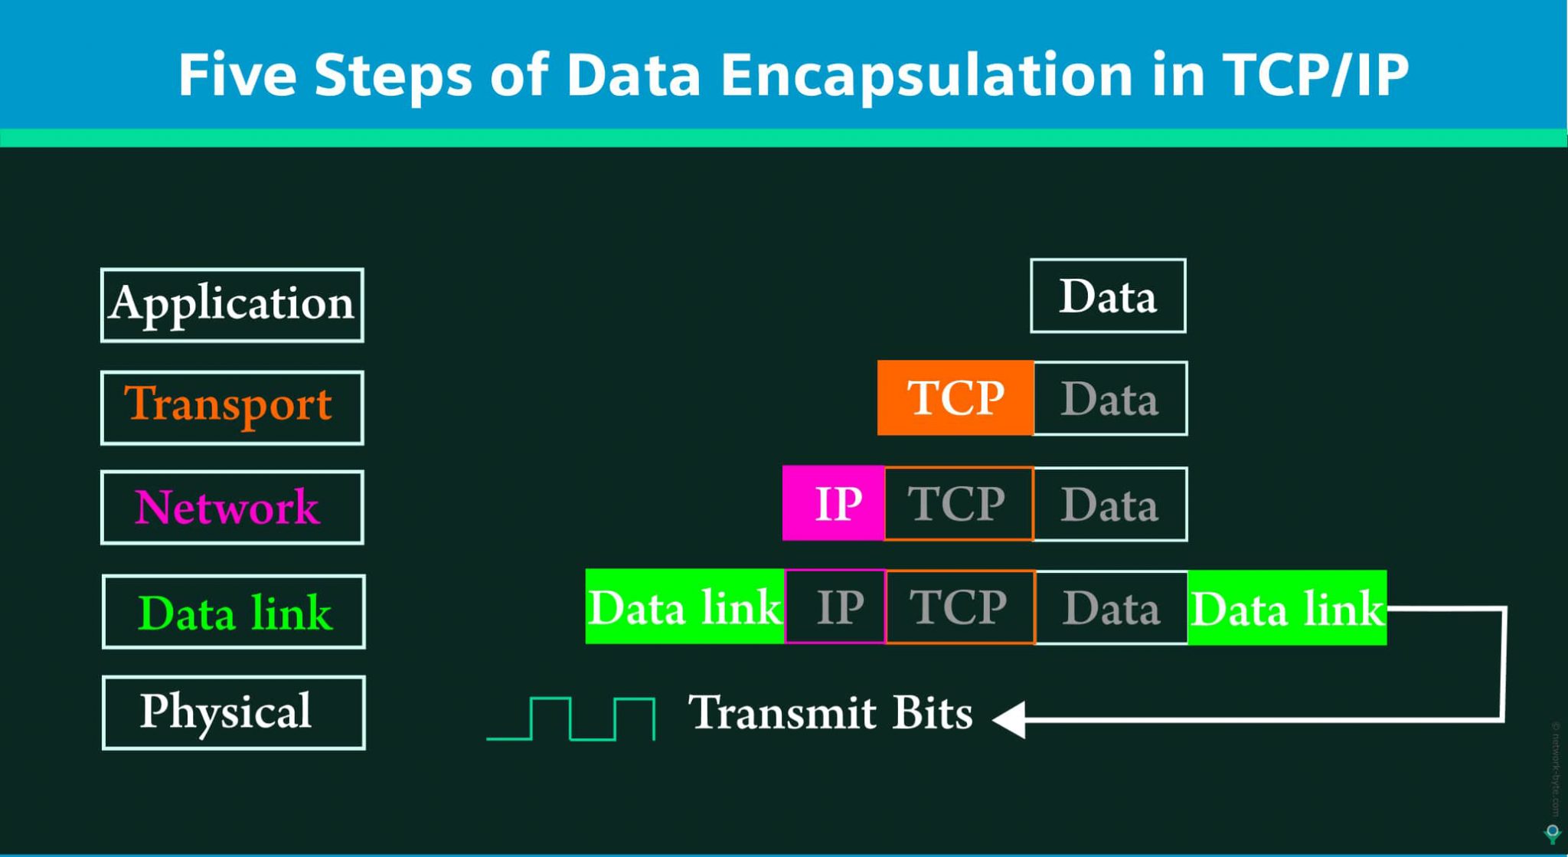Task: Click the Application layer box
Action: coord(232,305)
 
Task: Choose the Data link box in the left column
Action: coord(234,612)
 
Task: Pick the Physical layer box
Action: coord(234,712)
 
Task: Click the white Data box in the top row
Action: coord(1108,296)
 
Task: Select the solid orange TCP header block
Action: coord(955,397)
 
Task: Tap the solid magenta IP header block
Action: coord(834,503)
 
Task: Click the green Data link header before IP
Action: coord(684,607)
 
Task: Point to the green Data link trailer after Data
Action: coord(1287,608)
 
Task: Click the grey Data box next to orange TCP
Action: coord(1110,398)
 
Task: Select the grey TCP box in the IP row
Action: coord(958,504)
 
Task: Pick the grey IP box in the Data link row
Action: coord(836,607)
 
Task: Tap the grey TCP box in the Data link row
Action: coord(960,607)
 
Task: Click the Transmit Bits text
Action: coord(830,713)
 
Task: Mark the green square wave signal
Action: coord(571,718)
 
